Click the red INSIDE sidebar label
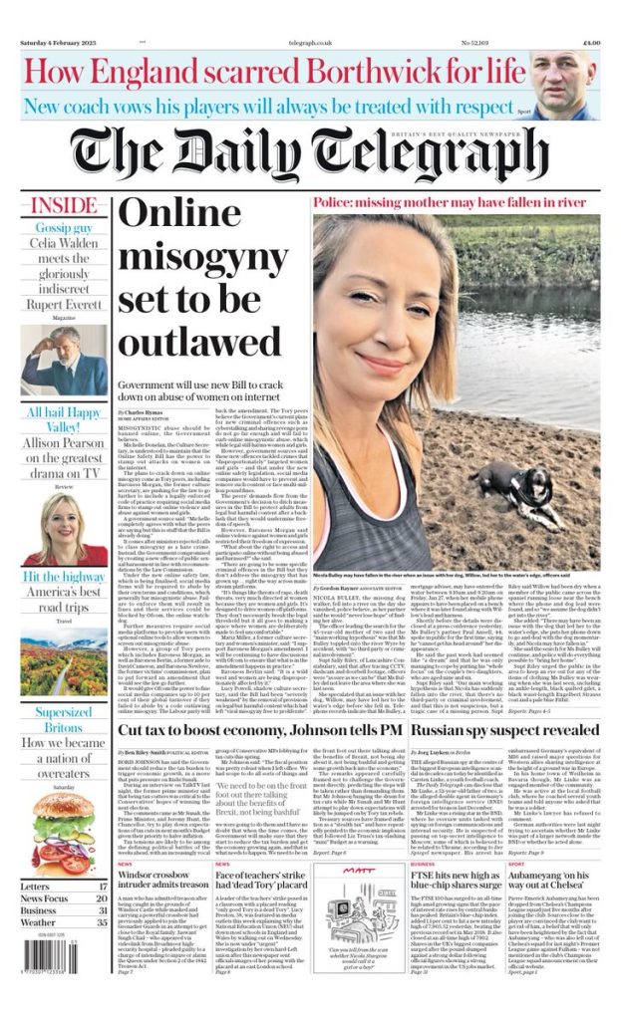[65, 206]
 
